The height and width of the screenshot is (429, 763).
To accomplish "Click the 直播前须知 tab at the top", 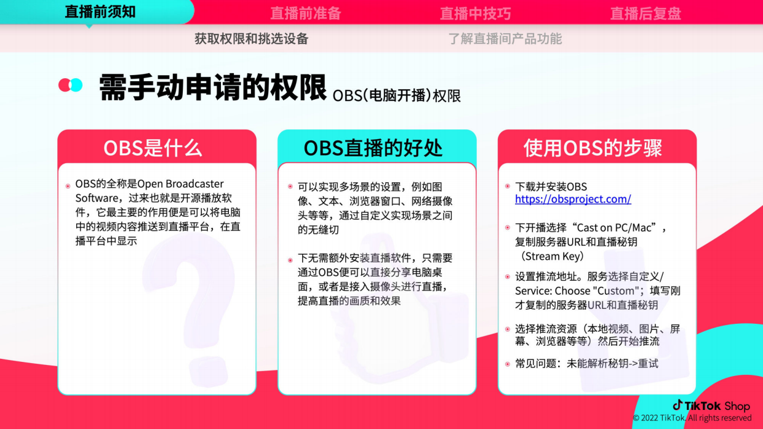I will tap(100, 12).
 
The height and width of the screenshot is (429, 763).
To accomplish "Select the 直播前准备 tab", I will tap(306, 13).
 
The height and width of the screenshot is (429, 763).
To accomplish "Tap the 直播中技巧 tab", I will tap(475, 13).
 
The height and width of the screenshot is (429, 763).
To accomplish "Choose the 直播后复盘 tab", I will tap(645, 13).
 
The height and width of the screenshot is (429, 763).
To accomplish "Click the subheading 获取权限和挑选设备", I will tap(252, 39).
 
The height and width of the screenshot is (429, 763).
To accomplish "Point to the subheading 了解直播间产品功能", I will tap(505, 39).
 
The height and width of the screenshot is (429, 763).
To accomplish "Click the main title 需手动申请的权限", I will tap(213, 88).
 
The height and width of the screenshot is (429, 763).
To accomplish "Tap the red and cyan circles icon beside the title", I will tap(70, 85).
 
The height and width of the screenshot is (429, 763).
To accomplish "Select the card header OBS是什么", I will tap(153, 148).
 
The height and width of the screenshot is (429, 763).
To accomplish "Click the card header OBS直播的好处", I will tap(373, 148).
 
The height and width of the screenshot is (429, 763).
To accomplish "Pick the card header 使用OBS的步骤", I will tap(593, 148).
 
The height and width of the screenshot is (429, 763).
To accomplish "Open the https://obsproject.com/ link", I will tap(573, 199).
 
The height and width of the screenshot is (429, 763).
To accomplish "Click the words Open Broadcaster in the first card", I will tap(180, 184).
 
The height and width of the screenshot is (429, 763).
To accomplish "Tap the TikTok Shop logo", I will tap(711, 406).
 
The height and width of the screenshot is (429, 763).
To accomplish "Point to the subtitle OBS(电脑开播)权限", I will tap(396, 96).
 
